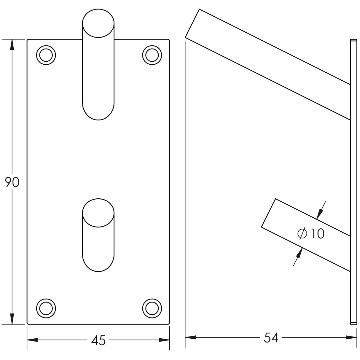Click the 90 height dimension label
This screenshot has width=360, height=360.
coord(12,182)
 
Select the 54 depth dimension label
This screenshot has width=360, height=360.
coord(271,338)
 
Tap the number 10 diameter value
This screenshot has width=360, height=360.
coord(318,234)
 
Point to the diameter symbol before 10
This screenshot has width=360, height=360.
coord(302,234)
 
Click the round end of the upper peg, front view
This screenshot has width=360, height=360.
coord(98,24)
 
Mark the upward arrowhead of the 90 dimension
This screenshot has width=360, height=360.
coord(12,44)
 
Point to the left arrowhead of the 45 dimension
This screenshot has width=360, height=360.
coord(33,340)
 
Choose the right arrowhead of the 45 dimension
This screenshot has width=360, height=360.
coord(164,340)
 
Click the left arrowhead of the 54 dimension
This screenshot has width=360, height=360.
coord(191,337)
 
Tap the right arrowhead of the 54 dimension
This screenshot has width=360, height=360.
coord(351,337)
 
